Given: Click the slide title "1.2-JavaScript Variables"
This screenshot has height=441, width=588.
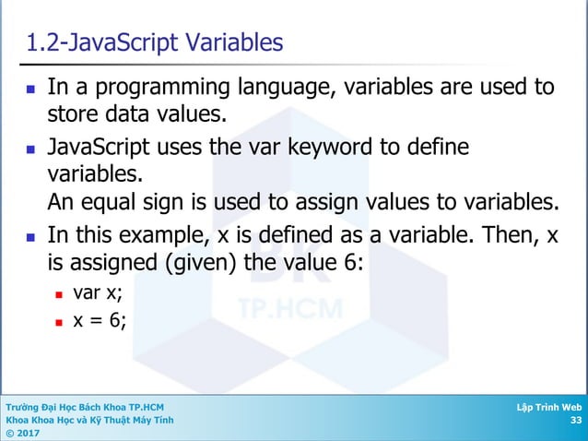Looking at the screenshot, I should [x=155, y=43].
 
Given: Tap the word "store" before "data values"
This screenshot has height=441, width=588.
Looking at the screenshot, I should [x=73, y=116].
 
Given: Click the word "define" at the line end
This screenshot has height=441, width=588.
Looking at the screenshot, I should [x=437, y=147].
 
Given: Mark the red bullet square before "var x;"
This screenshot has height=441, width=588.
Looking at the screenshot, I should [x=59, y=296].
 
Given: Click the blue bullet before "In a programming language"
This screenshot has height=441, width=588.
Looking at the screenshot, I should [x=32, y=89].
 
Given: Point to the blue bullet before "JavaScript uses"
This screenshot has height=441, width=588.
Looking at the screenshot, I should [x=32, y=149].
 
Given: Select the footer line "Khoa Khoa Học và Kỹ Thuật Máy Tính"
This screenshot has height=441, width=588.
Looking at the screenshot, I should [x=88, y=420].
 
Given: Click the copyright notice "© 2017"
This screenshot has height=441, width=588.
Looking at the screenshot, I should [x=19, y=433].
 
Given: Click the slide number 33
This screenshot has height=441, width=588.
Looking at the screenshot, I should [x=575, y=421].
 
